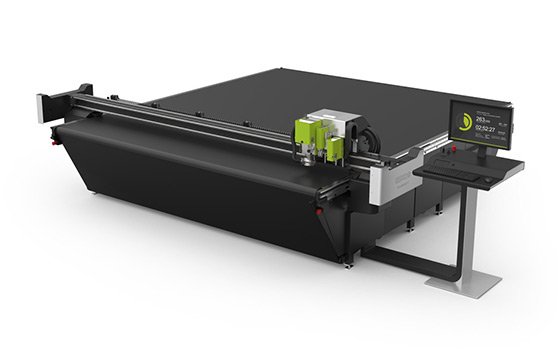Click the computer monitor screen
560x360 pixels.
click(480, 124)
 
